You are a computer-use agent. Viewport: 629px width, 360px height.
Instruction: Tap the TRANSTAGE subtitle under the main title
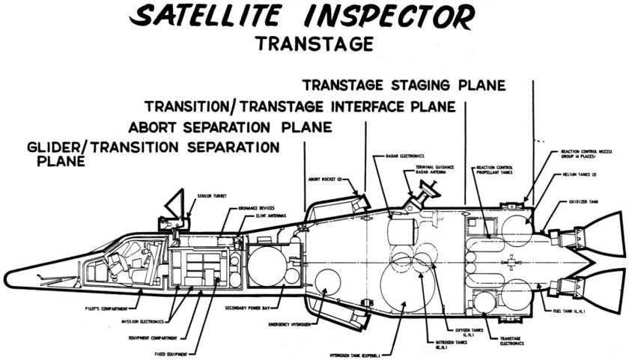pyautogui.click(x=314, y=43)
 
